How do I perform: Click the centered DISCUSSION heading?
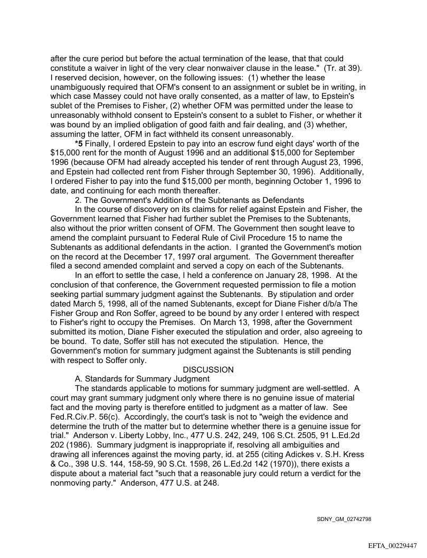point(208,370)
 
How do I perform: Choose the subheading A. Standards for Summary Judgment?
point(143,379)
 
